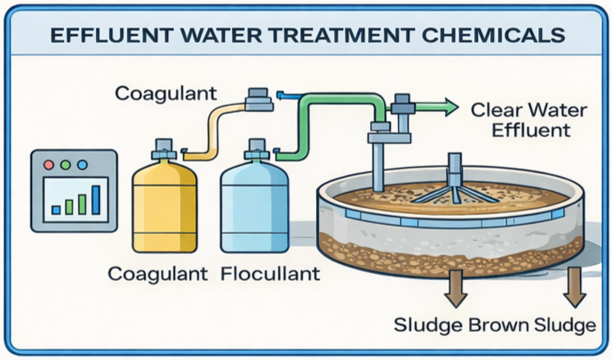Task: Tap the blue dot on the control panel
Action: tap(83, 165)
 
